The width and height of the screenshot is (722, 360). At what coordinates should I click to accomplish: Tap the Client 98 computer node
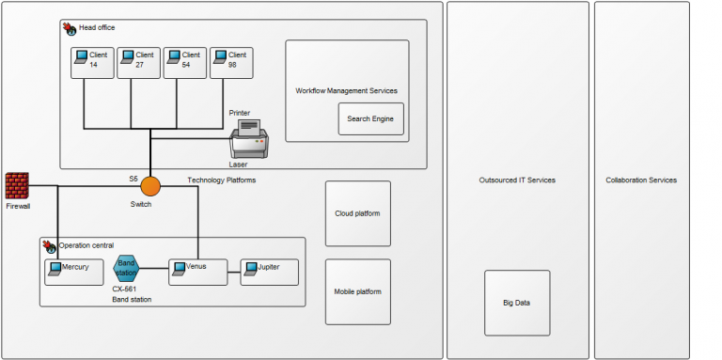point(231,62)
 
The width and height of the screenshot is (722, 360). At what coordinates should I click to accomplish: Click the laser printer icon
point(250,141)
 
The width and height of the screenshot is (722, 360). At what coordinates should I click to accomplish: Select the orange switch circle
point(150,186)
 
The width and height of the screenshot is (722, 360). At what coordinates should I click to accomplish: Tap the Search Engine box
point(370,119)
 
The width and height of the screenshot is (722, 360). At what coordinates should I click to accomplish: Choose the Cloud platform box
point(357,213)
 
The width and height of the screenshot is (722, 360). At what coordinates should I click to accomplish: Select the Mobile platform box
point(357,291)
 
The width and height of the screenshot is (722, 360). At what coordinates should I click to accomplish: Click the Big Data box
point(516,304)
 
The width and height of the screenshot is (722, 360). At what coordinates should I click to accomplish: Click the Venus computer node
point(198,272)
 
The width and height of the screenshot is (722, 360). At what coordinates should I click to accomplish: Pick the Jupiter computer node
point(270,272)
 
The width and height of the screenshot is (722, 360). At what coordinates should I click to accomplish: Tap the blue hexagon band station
point(126,269)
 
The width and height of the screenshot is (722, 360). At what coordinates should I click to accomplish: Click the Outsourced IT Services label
point(516,180)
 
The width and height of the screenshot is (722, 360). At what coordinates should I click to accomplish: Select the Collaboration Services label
point(640,180)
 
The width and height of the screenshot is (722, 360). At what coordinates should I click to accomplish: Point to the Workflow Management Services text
point(346,91)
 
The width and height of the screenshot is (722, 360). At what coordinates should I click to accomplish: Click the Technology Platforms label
point(221,180)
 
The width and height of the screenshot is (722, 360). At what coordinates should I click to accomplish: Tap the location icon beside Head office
point(70,29)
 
